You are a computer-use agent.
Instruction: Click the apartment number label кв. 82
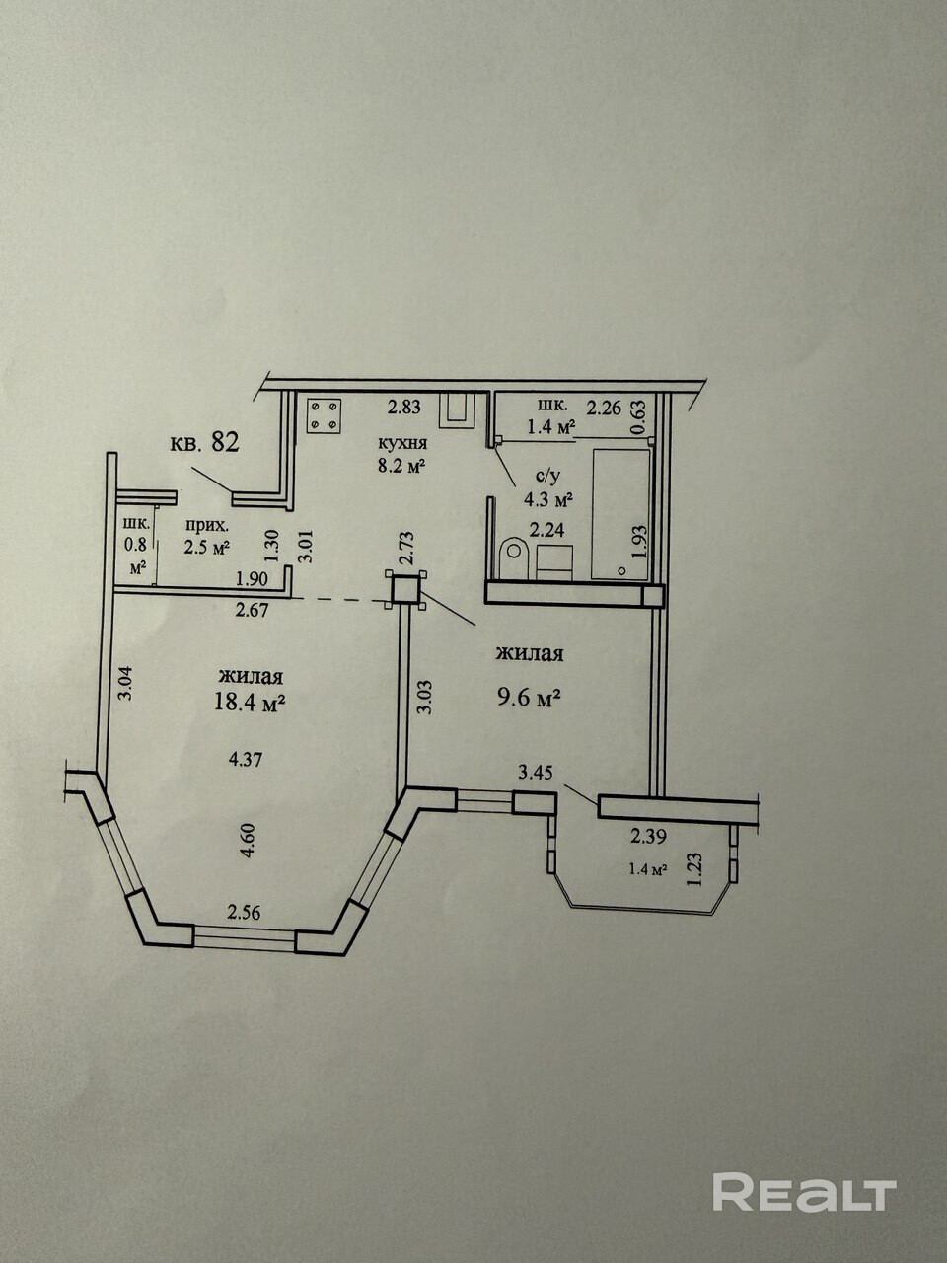(x=204, y=443)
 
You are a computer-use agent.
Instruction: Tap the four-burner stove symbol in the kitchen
(x=324, y=415)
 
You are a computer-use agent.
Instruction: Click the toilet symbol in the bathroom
(x=514, y=557)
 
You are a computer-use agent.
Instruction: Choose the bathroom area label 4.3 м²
(x=549, y=499)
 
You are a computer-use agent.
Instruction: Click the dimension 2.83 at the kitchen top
(x=403, y=408)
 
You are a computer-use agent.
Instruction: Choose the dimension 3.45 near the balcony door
(x=536, y=773)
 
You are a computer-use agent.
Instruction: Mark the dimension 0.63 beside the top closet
(x=639, y=413)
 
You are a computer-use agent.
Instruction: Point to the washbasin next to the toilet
(x=554, y=562)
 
